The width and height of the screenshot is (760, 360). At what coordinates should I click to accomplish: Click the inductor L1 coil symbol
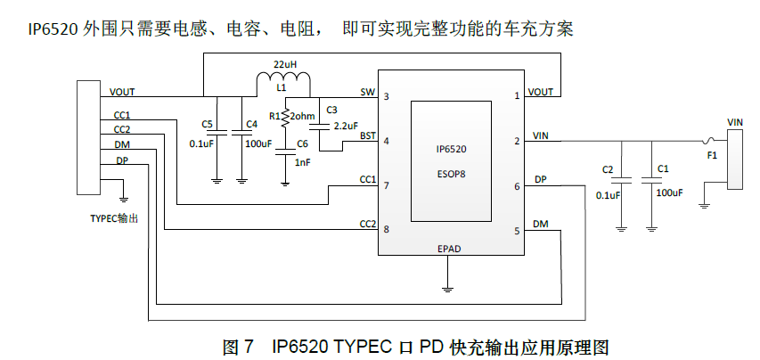(x=282, y=84)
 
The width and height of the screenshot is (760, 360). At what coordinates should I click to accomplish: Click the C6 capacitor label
(x=302, y=143)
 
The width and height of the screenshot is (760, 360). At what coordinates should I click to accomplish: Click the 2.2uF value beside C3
(x=346, y=126)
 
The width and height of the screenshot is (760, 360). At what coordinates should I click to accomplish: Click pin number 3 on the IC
(x=386, y=95)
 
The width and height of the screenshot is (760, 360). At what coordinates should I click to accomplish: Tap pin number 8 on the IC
(x=386, y=229)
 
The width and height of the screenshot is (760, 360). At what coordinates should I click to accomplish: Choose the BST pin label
(x=367, y=135)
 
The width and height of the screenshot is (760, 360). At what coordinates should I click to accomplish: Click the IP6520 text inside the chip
(x=451, y=151)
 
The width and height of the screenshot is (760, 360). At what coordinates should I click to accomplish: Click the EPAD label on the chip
(x=449, y=249)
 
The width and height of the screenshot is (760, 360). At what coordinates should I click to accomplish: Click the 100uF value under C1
(x=668, y=192)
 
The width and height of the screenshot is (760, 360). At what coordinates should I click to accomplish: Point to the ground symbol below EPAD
(x=449, y=288)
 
